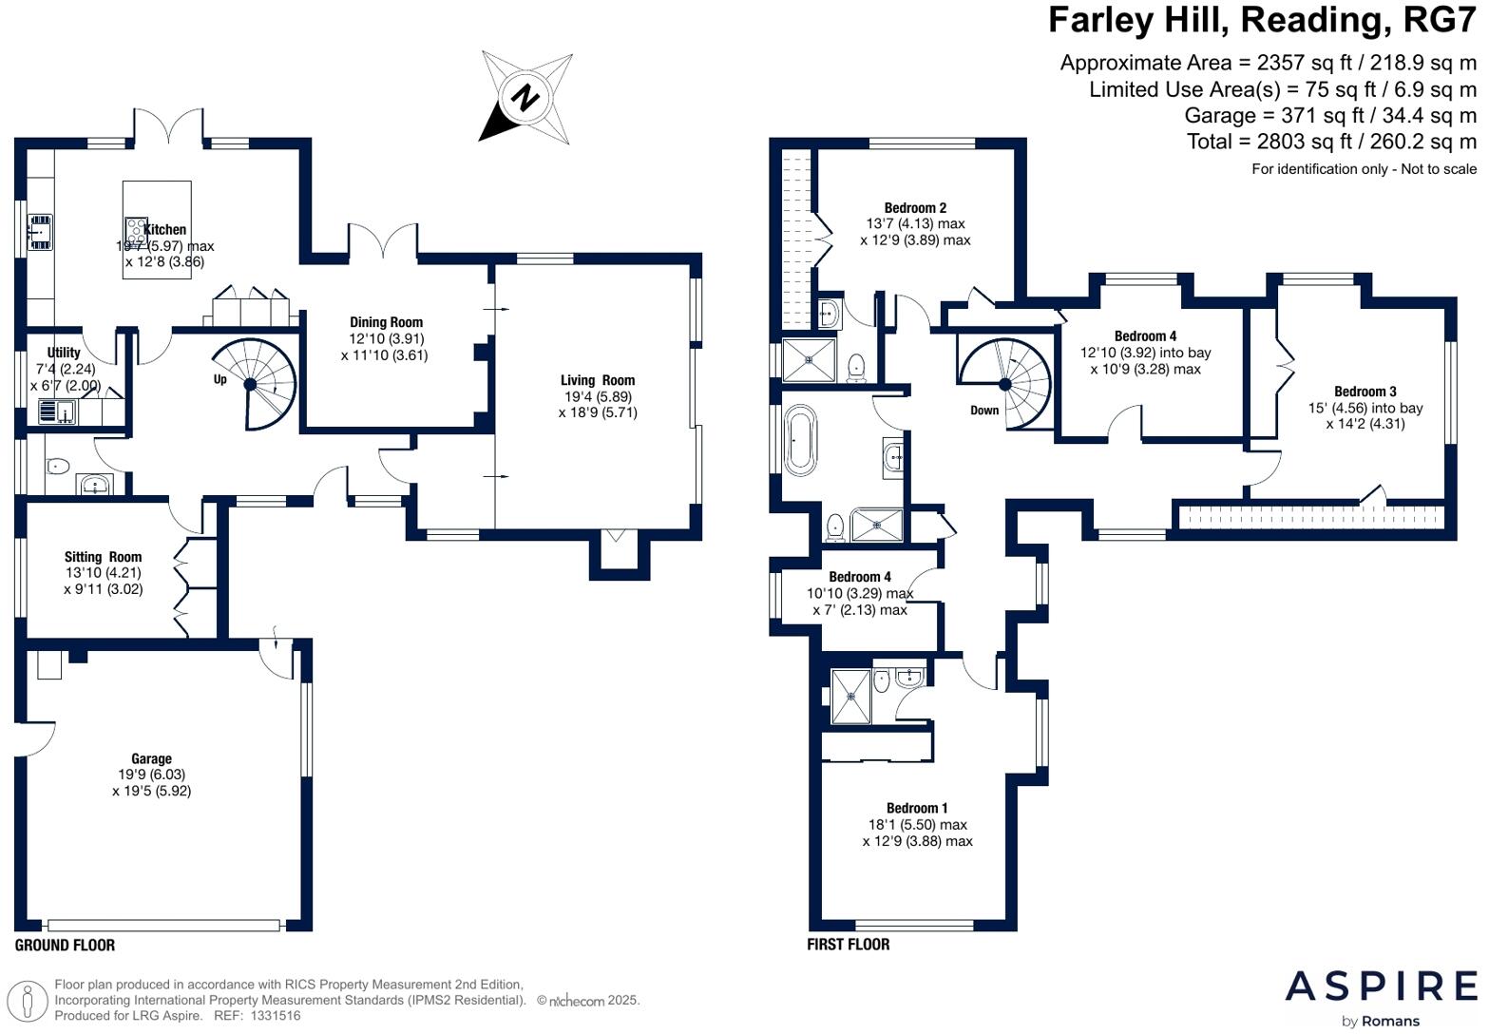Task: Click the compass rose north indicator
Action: [x=525, y=97]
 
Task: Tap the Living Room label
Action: [x=597, y=380]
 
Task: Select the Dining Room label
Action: [x=386, y=322]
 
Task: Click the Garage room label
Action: [x=151, y=758]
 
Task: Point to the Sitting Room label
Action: [x=103, y=557]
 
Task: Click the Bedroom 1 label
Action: [x=917, y=808]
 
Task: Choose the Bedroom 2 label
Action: [x=915, y=208]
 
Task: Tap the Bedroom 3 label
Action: [x=1365, y=392]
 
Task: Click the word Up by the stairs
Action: [x=220, y=379]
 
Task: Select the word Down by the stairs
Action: [x=984, y=410]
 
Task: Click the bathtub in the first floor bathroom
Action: [x=799, y=441]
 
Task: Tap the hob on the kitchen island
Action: [x=133, y=230]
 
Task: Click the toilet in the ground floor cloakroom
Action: [x=57, y=466]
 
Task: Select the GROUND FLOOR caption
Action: [x=65, y=945]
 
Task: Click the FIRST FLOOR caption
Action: [x=848, y=945]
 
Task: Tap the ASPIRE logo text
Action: [x=1381, y=986]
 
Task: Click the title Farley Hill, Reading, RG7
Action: [x=1262, y=20]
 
